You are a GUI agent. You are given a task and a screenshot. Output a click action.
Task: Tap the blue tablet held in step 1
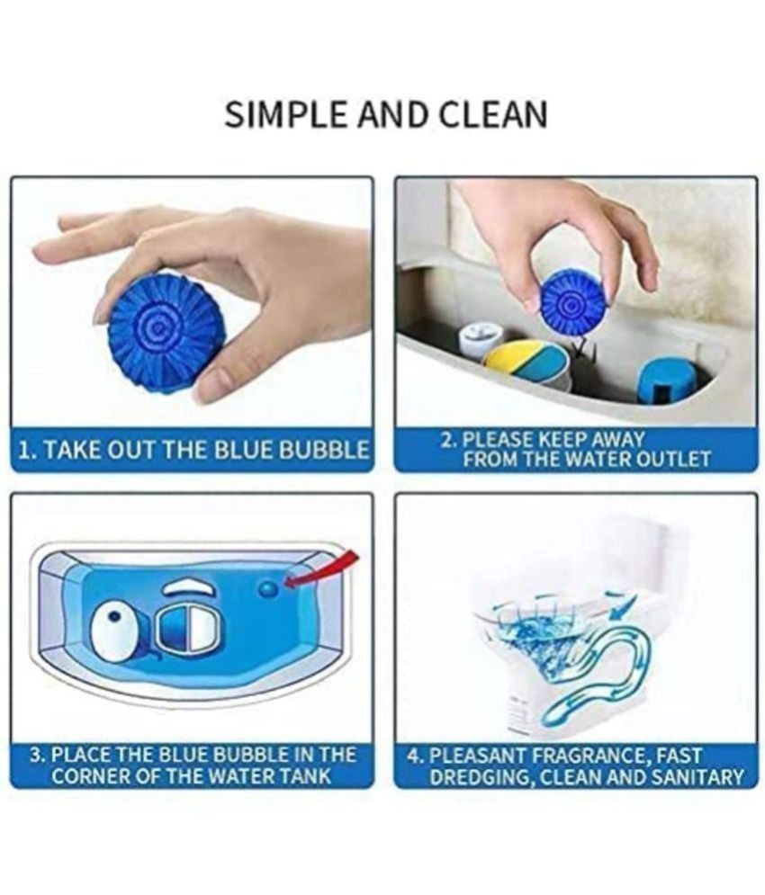coord(166,320)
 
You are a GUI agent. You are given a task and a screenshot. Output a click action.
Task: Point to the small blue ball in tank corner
coord(268,589)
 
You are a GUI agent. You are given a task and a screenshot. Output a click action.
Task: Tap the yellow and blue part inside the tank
coord(527,362)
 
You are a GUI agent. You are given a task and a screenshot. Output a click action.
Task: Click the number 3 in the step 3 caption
coord(37,755)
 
